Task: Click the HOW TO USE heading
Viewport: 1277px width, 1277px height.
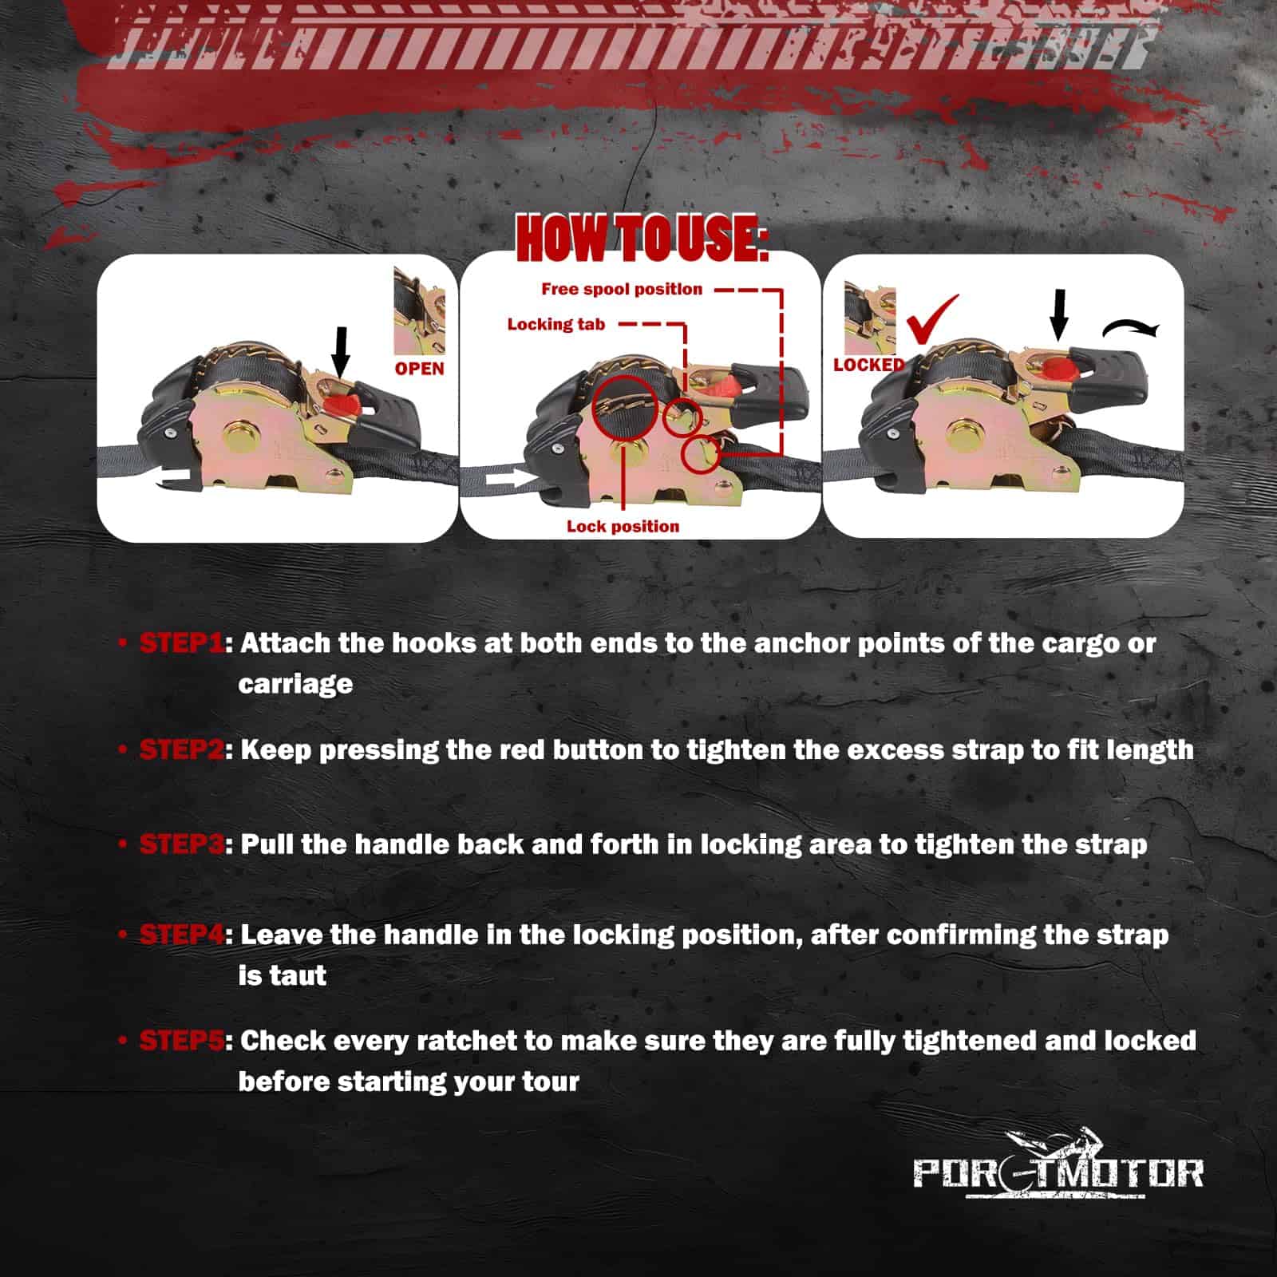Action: (642, 238)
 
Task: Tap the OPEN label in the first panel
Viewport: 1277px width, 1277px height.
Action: (420, 369)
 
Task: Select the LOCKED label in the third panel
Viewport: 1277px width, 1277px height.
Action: (869, 365)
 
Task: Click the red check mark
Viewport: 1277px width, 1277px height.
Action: (931, 319)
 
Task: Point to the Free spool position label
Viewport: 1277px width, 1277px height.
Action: (622, 289)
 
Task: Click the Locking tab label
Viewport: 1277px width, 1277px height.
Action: (556, 324)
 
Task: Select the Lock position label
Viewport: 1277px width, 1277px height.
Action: (623, 526)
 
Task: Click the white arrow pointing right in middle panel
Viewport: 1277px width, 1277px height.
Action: (508, 478)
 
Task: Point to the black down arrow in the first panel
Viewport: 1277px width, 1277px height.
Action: (341, 351)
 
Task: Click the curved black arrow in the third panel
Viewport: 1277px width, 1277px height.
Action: (1131, 326)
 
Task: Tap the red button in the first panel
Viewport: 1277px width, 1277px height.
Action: (344, 402)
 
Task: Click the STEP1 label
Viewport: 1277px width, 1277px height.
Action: (181, 642)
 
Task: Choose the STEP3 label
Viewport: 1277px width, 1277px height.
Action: (181, 844)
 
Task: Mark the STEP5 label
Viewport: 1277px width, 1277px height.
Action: (181, 1040)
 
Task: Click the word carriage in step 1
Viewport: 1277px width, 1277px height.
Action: (295, 685)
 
